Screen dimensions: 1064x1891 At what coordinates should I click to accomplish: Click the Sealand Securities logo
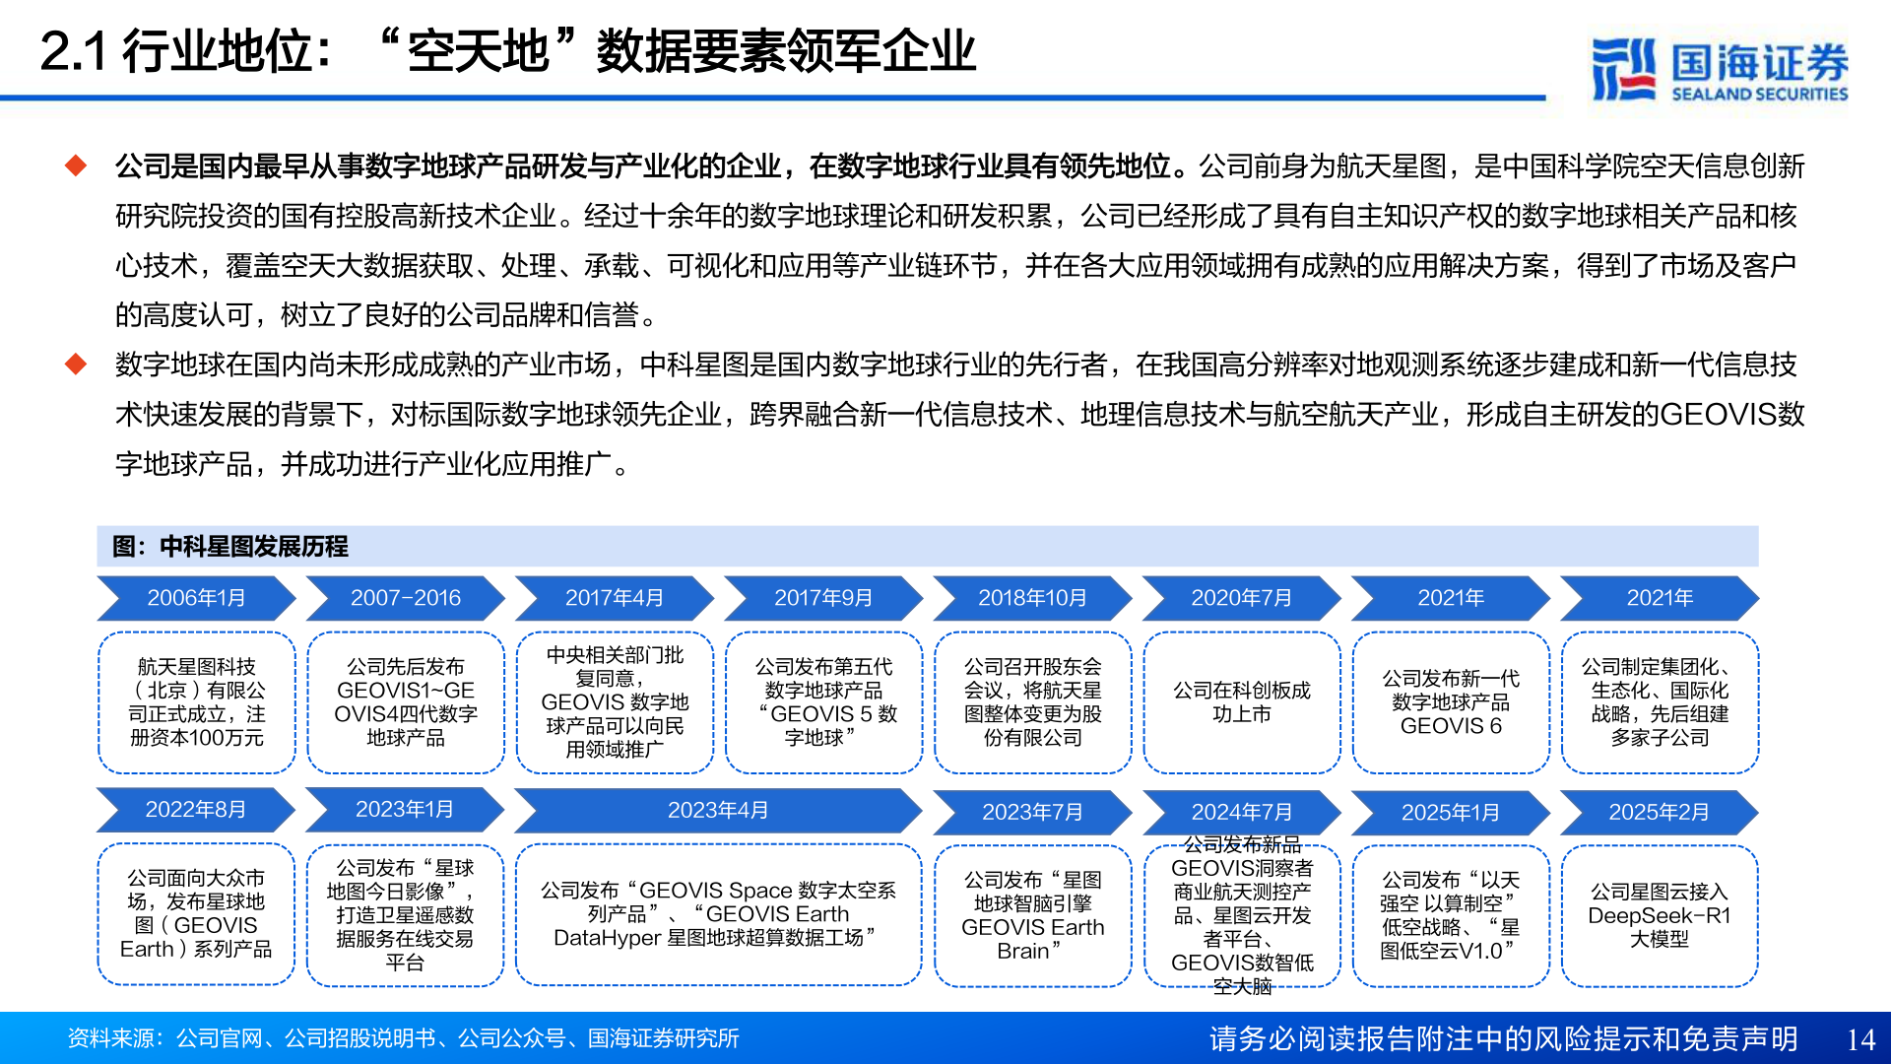(x=1720, y=69)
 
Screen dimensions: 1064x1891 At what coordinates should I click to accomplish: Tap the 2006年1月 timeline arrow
(x=196, y=598)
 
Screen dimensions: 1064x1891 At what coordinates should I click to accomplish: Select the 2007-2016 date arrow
(x=405, y=598)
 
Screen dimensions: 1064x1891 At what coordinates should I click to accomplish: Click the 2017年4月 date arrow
(x=614, y=598)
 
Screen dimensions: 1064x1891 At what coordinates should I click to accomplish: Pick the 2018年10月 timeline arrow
(x=1032, y=598)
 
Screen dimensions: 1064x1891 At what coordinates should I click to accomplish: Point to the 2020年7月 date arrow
(x=1241, y=598)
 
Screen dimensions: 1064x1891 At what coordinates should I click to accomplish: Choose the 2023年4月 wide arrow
(x=717, y=810)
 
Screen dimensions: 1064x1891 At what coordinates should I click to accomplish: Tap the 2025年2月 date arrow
(x=1659, y=812)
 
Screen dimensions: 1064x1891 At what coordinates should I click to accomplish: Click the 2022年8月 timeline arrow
(x=196, y=809)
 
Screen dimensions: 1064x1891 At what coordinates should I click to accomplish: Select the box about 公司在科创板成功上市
(x=1242, y=702)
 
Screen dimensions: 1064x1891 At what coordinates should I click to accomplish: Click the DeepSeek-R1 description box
(x=1660, y=915)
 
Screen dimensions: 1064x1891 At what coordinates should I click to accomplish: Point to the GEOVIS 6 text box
(x=1451, y=702)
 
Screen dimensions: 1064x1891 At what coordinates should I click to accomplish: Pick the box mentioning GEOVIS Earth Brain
(x=1032, y=915)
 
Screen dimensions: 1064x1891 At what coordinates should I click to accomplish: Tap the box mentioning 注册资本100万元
(x=197, y=702)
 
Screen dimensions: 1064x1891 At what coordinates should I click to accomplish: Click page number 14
(x=1860, y=1039)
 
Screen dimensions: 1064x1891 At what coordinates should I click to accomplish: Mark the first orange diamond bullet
(x=76, y=166)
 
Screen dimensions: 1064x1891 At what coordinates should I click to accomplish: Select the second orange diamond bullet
(x=76, y=365)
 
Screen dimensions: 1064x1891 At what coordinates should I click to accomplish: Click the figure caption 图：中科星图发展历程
(x=230, y=547)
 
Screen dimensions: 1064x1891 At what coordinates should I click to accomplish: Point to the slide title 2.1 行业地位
(x=507, y=51)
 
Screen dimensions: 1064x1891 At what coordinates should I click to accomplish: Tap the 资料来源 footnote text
(x=403, y=1038)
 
